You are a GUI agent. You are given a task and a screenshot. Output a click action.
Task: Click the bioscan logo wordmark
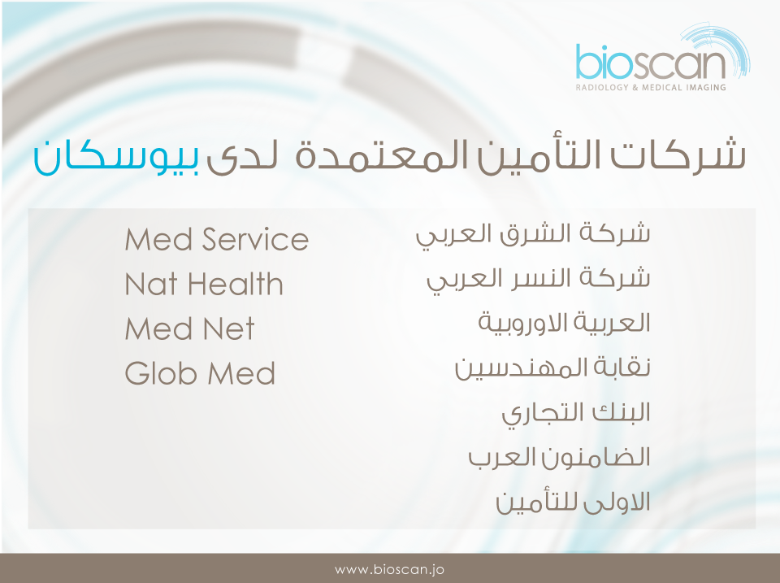coord(651,62)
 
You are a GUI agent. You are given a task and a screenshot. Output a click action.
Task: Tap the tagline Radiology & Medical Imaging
coord(651,88)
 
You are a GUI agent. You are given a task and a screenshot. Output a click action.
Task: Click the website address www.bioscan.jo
coord(389,569)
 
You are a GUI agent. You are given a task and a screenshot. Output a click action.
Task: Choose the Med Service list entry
coord(217,239)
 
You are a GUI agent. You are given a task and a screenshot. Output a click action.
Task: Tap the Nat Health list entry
coord(204,284)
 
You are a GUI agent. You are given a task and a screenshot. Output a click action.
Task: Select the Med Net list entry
coord(189,328)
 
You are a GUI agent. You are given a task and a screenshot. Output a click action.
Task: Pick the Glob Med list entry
coord(200,373)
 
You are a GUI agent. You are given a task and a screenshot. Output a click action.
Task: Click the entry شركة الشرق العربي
coord(533,236)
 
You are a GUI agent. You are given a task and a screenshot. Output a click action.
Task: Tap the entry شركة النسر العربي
coord(539,281)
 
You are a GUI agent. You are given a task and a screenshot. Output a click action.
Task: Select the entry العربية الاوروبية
coord(565,323)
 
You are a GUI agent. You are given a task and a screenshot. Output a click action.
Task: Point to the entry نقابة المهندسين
coord(552,368)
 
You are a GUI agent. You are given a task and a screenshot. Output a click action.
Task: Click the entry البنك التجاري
coord(576,414)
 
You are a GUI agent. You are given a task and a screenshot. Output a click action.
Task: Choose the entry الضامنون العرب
coord(560,457)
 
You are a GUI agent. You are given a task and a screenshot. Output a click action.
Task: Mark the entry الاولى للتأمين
coord(573,502)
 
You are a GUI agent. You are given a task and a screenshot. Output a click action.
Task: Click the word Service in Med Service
coord(256,239)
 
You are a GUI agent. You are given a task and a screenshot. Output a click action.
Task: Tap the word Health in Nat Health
coord(236,284)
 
